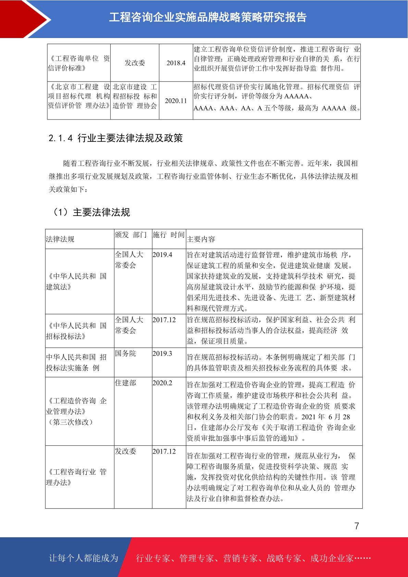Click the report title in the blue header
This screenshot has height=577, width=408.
coord(208,17)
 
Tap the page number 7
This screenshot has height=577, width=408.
coord(357,526)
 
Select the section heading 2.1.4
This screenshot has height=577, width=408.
coord(115,138)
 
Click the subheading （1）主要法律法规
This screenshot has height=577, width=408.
coord(91,212)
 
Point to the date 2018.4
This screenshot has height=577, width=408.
coord(176,63)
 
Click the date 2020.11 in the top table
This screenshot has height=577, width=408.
coord(176,101)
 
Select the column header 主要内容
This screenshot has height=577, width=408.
coord(201,239)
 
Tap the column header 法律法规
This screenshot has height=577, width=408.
coord(60,239)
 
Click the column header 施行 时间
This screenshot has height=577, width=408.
coord(169,235)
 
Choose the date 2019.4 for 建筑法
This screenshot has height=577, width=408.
coord(162,255)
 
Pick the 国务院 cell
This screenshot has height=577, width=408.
coord(125,353)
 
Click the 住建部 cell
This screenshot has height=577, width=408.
coord(125,383)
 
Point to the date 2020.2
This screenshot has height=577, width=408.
coord(162,383)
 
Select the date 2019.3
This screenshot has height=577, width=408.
coord(162,353)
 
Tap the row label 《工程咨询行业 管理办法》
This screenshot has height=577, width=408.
coord(76,477)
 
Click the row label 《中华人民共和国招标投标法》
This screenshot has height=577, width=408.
coord(76,331)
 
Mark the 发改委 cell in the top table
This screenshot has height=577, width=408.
coord(135,63)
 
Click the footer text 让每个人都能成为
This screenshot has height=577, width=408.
coord(84,558)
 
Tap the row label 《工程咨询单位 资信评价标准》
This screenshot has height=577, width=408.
coord(79,63)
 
